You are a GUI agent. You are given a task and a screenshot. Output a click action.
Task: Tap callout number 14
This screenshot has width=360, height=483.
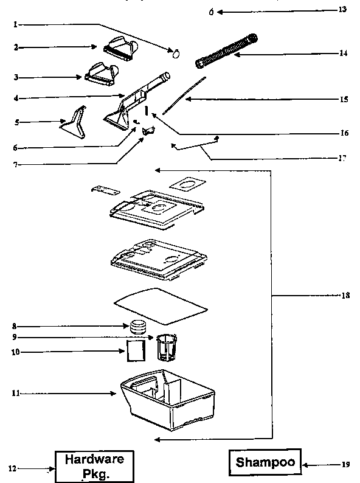(344, 54)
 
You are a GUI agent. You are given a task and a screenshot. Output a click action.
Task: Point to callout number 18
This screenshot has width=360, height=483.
(345, 296)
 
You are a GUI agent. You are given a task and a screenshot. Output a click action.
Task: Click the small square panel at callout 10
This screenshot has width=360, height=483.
(136, 352)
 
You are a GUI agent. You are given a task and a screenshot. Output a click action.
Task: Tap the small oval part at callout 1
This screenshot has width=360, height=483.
(176, 54)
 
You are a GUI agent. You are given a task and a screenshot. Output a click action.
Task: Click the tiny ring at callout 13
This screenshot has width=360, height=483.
(211, 12)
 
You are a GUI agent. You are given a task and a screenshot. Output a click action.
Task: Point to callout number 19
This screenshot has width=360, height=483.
(345, 465)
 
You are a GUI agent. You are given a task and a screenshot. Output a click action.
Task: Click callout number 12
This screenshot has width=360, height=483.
(11, 468)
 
